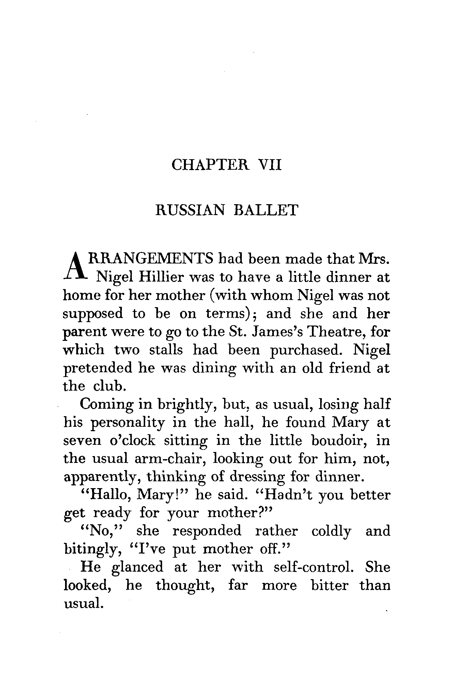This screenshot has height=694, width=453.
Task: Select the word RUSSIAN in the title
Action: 190,210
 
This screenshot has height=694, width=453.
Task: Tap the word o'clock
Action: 132,441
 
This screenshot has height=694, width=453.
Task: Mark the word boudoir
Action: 339,441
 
